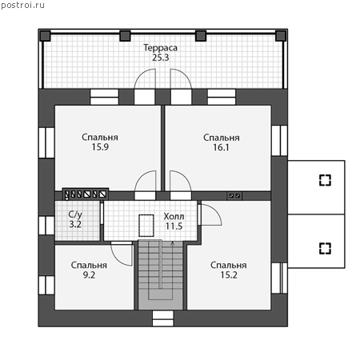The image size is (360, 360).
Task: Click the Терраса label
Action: pos(160,48)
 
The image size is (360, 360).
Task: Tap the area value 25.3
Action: pos(161,58)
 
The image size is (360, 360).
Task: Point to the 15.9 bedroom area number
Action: pos(100,147)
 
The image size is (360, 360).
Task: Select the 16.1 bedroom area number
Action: pos(221,147)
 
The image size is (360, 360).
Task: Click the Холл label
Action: pos(174,216)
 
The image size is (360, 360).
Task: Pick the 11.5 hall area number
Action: pos(174,226)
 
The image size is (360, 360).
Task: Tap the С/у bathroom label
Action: pos(75,214)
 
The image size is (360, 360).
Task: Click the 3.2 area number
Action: pos(75,225)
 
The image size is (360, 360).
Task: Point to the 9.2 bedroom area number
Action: pos(89,275)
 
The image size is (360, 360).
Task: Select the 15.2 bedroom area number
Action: pos(229,275)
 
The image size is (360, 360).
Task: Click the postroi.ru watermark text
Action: pos(22,6)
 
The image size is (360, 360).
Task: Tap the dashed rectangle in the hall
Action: pos(146,226)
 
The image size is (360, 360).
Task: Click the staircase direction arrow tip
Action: pos(173,242)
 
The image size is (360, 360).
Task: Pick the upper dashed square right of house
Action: pos(325,180)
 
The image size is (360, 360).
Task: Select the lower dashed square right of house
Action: pos(325,248)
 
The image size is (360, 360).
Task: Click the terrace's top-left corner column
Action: pos(46,36)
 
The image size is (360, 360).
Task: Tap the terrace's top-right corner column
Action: pos(281,36)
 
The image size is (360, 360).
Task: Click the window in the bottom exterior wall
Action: pos(162,318)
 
